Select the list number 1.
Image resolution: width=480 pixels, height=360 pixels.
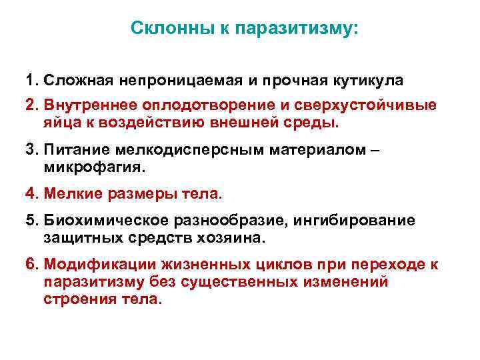[x=31, y=81]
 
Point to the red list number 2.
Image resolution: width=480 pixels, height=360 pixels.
[x=31, y=105]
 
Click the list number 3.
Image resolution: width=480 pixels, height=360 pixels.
[x=31, y=151]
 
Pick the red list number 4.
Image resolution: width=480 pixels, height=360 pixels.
[x=31, y=194]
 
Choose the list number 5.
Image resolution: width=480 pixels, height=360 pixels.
[x=31, y=220]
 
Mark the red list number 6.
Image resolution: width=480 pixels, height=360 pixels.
[x=31, y=265]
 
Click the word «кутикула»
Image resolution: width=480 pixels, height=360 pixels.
[x=369, y=81]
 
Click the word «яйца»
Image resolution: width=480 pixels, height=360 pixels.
[x=61, y=123]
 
